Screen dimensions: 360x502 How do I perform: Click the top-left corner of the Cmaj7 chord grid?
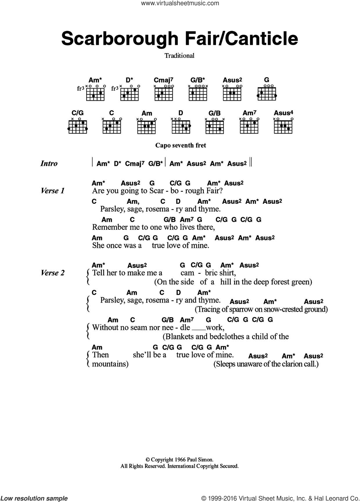[x=155, y=88]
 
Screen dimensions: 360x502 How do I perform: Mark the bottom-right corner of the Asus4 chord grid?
[x=292, y=133]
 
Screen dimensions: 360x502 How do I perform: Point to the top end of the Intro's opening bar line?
[x=93, y=158]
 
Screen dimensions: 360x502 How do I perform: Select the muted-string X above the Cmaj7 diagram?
[x=155, y=86]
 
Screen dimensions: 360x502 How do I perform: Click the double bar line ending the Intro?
[x=251, y=162]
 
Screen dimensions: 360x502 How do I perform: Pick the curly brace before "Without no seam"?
[x=88, y=332]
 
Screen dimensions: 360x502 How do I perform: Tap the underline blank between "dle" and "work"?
[x=199, y=330]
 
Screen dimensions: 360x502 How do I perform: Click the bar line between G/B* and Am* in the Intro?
[x=165, y=162]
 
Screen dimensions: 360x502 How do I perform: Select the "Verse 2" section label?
[x=53, y=273]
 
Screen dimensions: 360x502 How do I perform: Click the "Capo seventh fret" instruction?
[x=181, y=145]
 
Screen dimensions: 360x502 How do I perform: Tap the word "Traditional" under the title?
[x=179, y=55]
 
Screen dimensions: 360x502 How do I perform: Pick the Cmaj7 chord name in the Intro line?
[x=134, y=163]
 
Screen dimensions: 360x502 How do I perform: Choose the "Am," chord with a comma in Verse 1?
[x=133, y=201]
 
